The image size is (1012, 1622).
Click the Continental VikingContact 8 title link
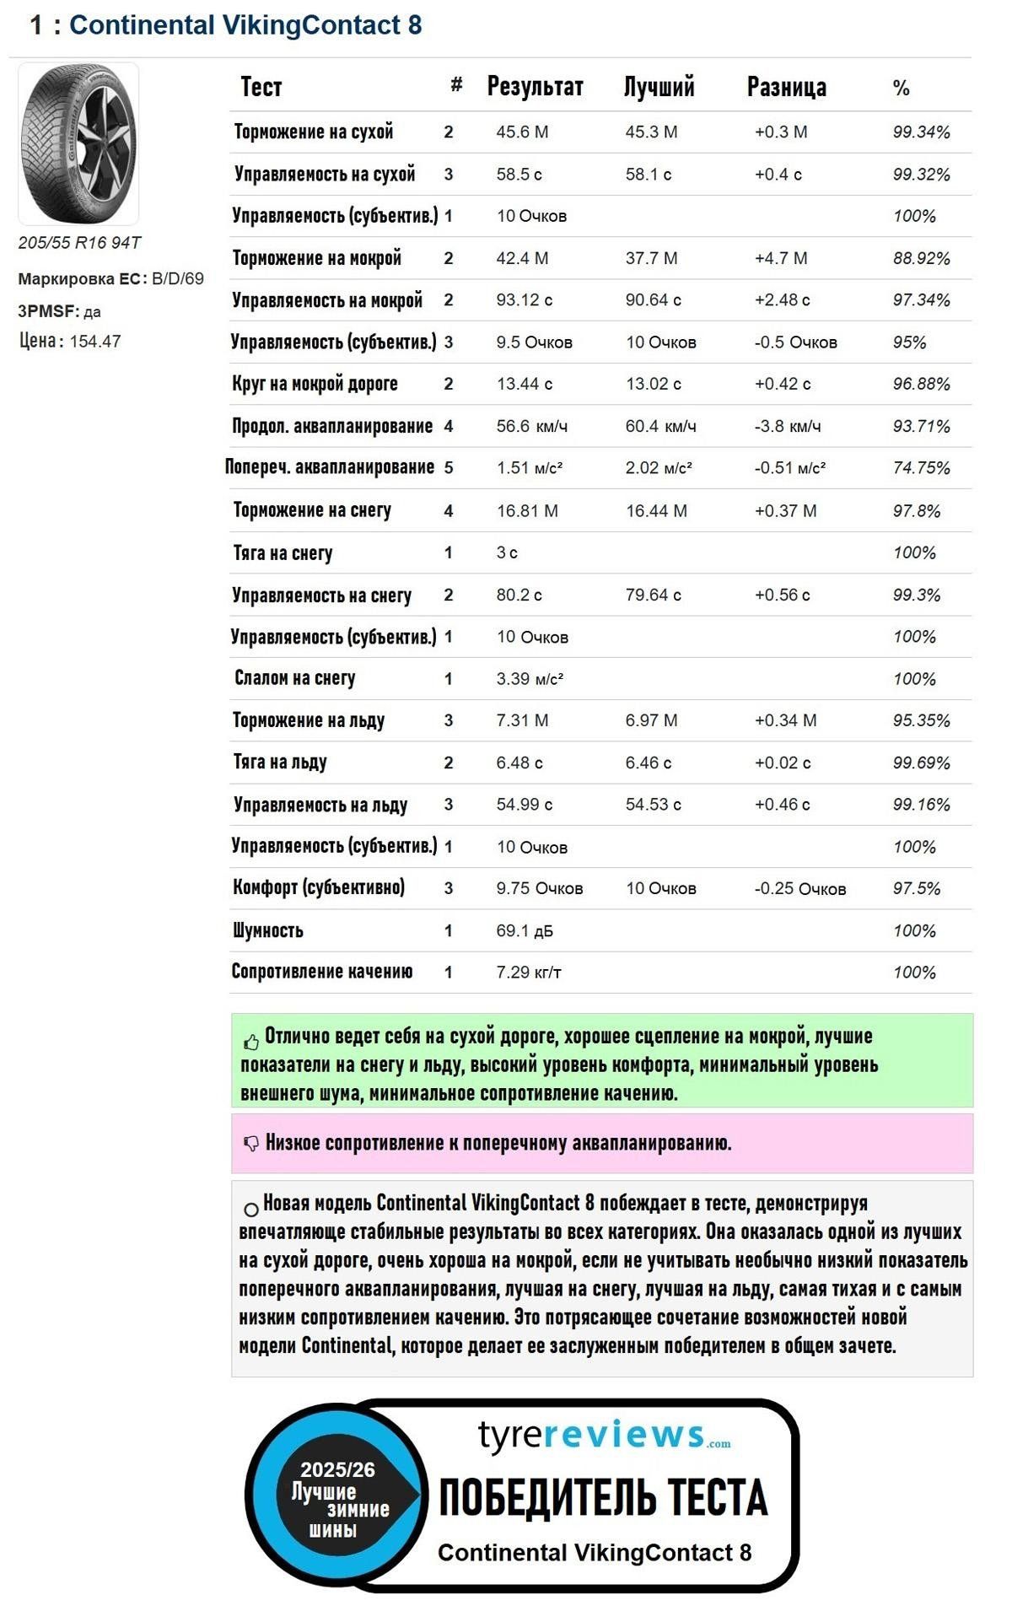(x=245, y=25)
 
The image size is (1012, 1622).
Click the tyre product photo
(x=78, y=143)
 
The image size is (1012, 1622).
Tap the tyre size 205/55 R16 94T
(x=80, y=243)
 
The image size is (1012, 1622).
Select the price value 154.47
(x=95, y=342)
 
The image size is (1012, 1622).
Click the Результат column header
(x=535, y=87)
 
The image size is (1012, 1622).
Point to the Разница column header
(x=786, y=87)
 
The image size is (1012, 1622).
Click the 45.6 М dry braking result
(x=522, y=132)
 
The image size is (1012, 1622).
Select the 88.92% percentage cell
(x=921, y=258)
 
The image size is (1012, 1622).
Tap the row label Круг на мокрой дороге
(x=315, y=384)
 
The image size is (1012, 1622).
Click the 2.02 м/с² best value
(x=659, y=468)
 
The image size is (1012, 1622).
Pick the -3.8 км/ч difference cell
(x=788, y=426)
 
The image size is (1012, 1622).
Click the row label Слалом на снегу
(x=294, y=678)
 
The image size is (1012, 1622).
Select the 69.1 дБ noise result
(x=525, y=931)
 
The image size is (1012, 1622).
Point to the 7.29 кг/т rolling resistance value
(x=529, y=973)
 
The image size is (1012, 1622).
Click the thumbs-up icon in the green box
(x=251, y=1042)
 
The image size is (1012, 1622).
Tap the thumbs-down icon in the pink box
(x=251, y=1144)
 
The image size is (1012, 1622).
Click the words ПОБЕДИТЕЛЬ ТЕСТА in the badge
(x=603, y=1497)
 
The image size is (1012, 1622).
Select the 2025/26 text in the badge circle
(x=337, y=1469)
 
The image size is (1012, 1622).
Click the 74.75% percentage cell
(x=921, y=468)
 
